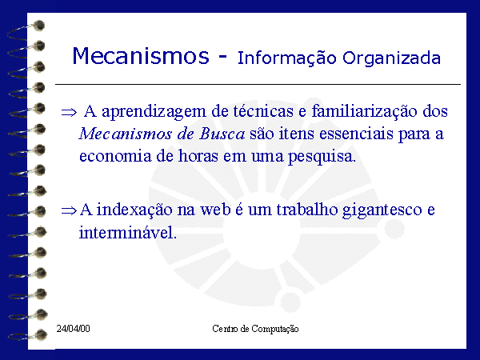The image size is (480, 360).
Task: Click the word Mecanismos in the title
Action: pyautogui.click(x=141, y=56)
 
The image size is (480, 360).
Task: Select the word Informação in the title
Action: pyautogui.click(x=287, y=58)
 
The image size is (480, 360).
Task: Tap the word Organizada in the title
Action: pyautogui.click(x=391, y=58)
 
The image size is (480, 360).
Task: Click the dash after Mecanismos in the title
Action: pyautogui.click(x=223, y=57)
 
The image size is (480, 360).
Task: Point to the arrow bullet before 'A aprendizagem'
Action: pyautogui.click(x=69, y=112)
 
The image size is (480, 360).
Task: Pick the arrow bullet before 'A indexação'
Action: pyautogui.click(x=69, y=210)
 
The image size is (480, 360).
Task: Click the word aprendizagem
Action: pyautogui.click(x=154, y=112)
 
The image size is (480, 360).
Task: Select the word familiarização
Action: pyautogui.click(x=364, y=111)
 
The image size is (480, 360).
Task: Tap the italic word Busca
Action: pyautogui.click(x=222, y=134)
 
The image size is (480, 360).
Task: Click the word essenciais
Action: pyautogui.click(x=356, y=134)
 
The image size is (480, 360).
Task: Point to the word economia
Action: pyautogui.click(x=115, y=156)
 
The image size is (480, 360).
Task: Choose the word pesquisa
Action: pyautogui.click(x=322, y=158)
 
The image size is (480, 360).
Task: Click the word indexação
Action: pyautogui.click(x=134, y=210)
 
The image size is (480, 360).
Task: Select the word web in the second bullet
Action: pyautogui.click(x=215, y=210)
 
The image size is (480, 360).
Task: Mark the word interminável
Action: pyautogui.click(x=128, y=233)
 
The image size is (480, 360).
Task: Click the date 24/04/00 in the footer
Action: pyautogui.click(x=73, y=329)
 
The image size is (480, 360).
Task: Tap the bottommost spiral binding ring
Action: pyautogui.click(x=28, y=335)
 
